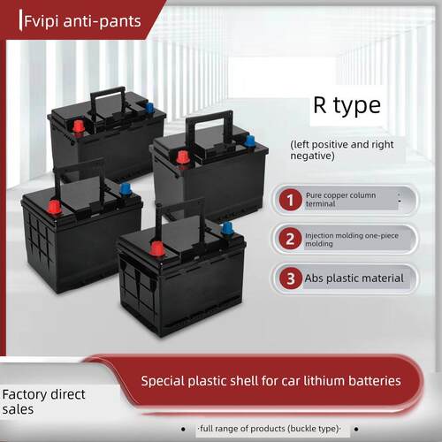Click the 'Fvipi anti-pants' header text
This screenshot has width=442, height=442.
pos(82,21)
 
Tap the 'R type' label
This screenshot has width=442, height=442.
pos(347,105)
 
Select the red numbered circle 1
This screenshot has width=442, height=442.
pos(290,200)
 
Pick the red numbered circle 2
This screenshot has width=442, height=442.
pos(290,239)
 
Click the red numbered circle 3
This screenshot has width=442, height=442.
pos(291,278)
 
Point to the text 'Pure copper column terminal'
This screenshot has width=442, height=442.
pos(340,200)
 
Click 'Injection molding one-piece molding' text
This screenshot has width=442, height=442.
pos(352,240)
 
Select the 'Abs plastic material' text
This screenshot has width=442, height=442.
pos(354,278)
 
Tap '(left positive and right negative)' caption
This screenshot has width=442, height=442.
pos(342,150)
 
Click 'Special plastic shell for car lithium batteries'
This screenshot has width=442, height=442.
pos(271,381)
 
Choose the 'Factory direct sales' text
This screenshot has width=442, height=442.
pos(43,401)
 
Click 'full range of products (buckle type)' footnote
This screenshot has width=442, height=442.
pos(269,429)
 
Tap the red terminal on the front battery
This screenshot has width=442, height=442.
pos(157,249)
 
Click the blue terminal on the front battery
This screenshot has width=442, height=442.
pos(227,229)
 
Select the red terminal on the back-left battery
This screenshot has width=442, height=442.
pos(79,126)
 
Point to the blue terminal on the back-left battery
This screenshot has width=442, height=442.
pos(150,108)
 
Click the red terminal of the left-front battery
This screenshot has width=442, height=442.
pos(55,207)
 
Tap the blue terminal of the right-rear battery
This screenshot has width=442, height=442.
pos(250,141)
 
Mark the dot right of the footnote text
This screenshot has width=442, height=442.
pos(356,429)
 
